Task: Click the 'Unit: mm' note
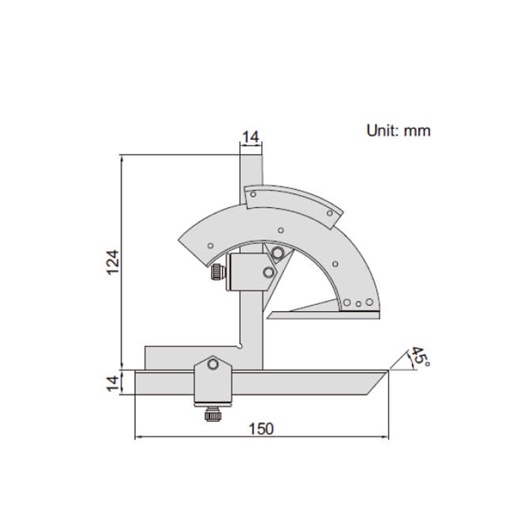pos(399,130)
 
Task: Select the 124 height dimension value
pos(113,262)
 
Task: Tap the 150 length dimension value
pos(262,429)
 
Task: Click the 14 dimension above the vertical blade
pos(251,137)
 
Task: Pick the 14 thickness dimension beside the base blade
pos(113,382)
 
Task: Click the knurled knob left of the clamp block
pos(218,272)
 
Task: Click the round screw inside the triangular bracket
pos(278,252)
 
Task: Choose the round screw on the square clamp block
pos(268,272)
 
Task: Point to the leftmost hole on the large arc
pos(210,246)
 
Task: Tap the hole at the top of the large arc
pos(280,230)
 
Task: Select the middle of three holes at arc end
pos(359,303)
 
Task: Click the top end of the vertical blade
pos(251,156)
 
